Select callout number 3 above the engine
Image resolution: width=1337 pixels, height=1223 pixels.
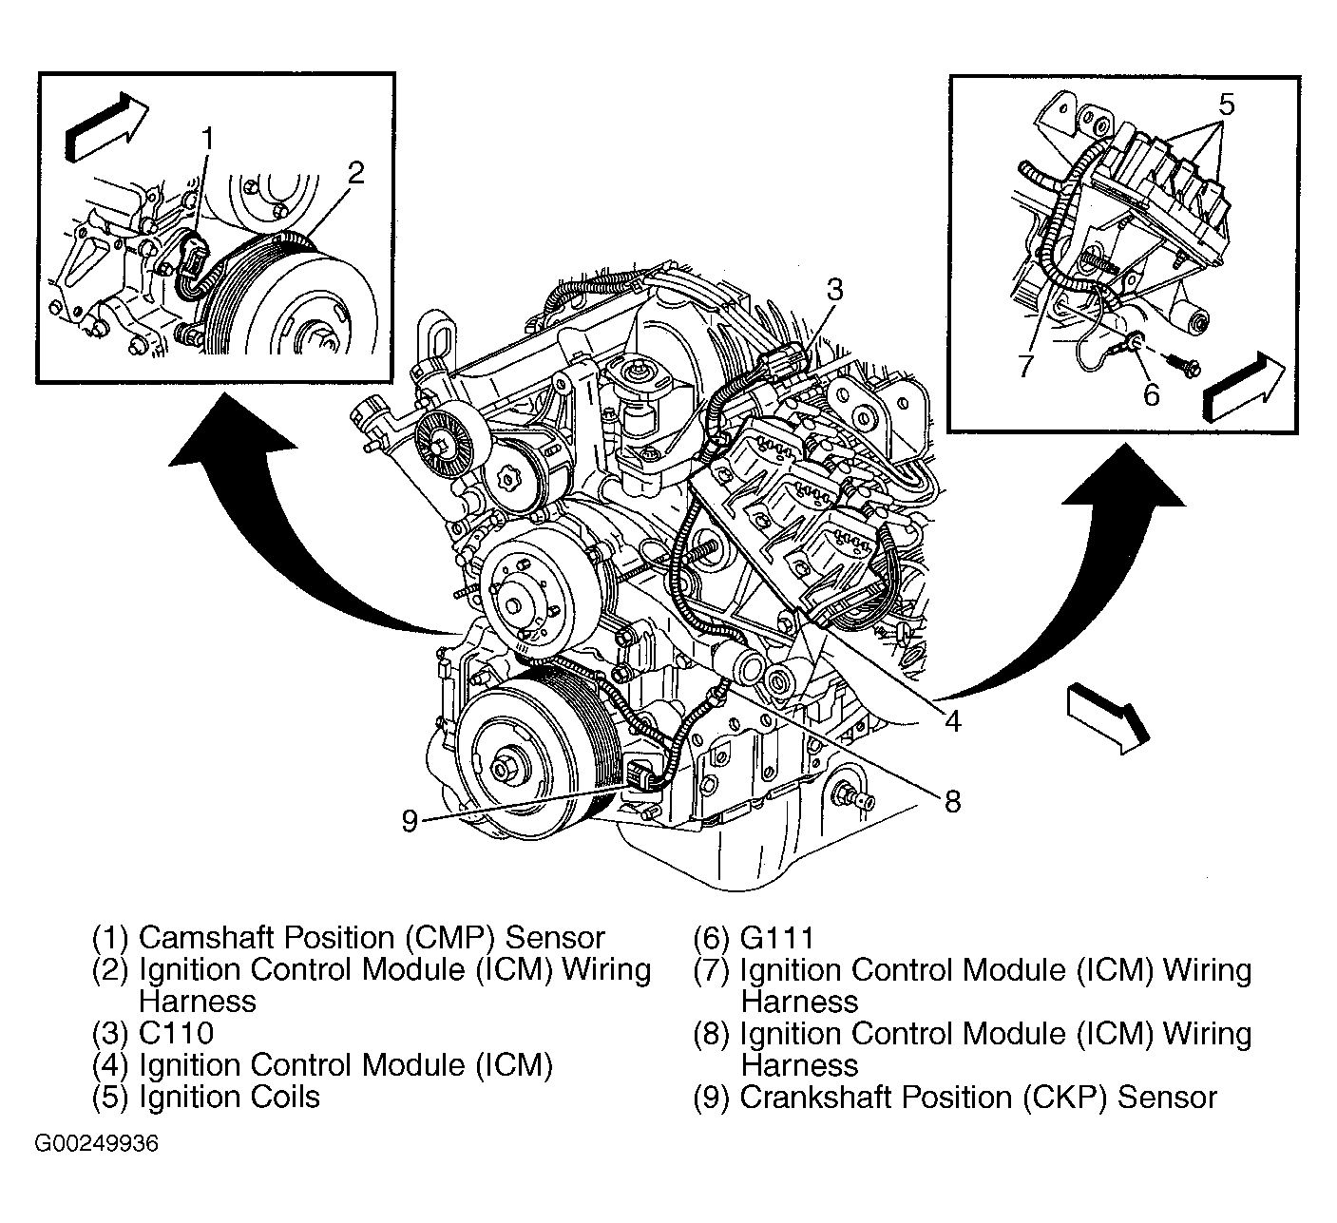(833, 290)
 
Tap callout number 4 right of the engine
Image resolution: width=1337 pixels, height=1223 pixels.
(952, 720)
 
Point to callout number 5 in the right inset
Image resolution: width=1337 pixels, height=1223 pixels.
(1226, 104)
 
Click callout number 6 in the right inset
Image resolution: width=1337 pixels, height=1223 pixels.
(1151, 393)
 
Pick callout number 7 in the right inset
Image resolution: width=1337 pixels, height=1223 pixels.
(1023, 366)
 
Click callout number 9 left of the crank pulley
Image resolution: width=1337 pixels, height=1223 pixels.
(410, 820)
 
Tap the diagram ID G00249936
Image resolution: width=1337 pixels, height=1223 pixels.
(97, 1143)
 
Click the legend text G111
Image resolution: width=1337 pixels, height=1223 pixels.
(776, 939)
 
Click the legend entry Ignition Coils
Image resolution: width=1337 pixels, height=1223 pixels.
(229, 1098)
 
